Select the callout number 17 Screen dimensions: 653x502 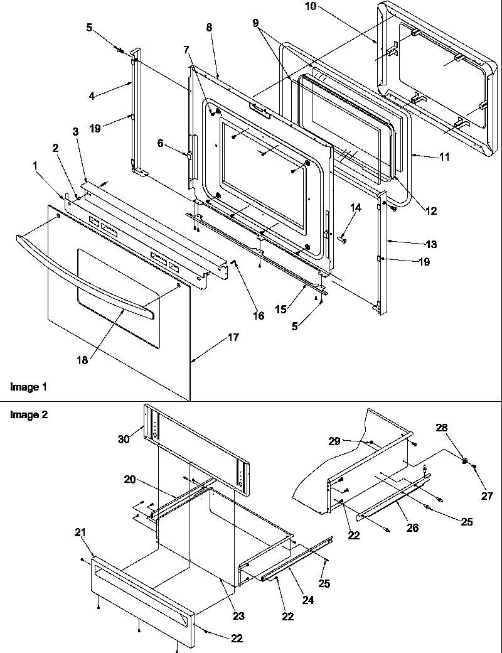click(233, 338)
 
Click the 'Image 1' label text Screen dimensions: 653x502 click(28, 387)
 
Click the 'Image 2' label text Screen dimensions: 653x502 click(28, 414)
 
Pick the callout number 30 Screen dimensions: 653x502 click(124, 439)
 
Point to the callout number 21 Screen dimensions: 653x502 click(80, 533)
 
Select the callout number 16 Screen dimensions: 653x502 click(259, 315)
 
